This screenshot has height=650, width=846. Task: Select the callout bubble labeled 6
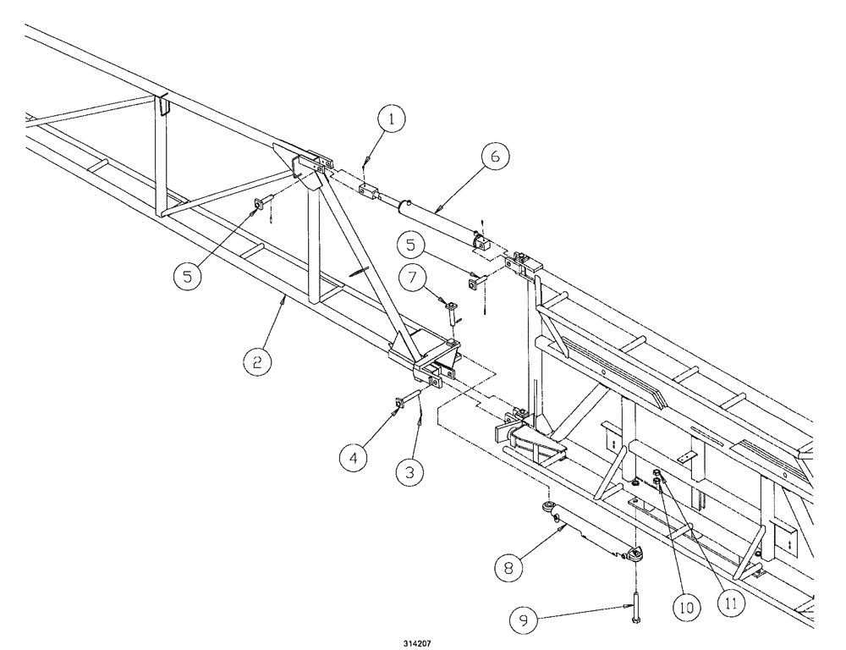[x=496, y=157]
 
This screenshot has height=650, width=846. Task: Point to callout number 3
[x=409, y=471]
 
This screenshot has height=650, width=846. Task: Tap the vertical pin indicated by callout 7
[x=454, y=315]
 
